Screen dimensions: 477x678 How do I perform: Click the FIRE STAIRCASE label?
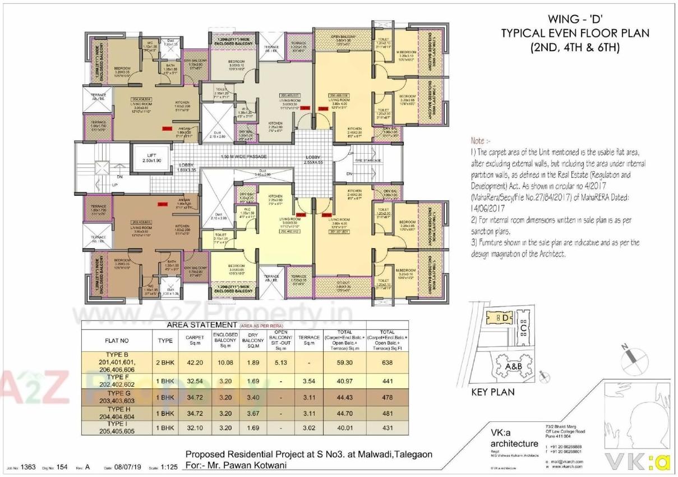pyautogui.click(x=368, y=160)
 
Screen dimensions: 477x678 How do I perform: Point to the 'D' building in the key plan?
pyautogui.click(x=504, y=318)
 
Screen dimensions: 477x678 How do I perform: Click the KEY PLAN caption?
pyautogui.click(x=493, y=392)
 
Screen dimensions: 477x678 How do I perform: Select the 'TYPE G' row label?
pyautogui.click(x=117, y=393)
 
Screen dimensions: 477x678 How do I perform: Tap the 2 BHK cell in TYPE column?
pyautogui.click(x=165, y=363)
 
